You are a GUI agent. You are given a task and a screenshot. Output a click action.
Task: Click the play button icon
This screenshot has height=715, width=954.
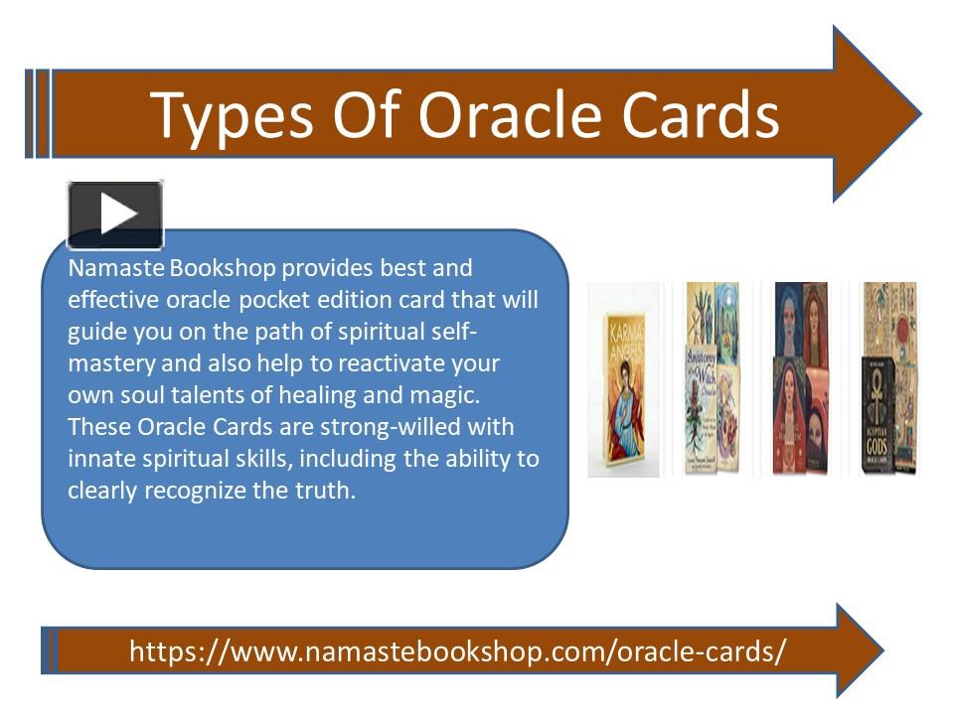point(115,214)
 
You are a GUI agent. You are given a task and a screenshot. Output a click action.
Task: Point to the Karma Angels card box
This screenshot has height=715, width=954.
point(624,393)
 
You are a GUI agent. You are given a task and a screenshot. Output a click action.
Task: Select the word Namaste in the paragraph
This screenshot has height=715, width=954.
point(115,268)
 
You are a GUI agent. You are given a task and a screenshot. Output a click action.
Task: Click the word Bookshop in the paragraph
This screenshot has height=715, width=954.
point(220,268)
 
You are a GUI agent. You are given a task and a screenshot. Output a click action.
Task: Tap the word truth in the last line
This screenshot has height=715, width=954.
point(324,491)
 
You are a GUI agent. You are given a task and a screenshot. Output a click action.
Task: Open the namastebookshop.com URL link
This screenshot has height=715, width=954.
point(458,651)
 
